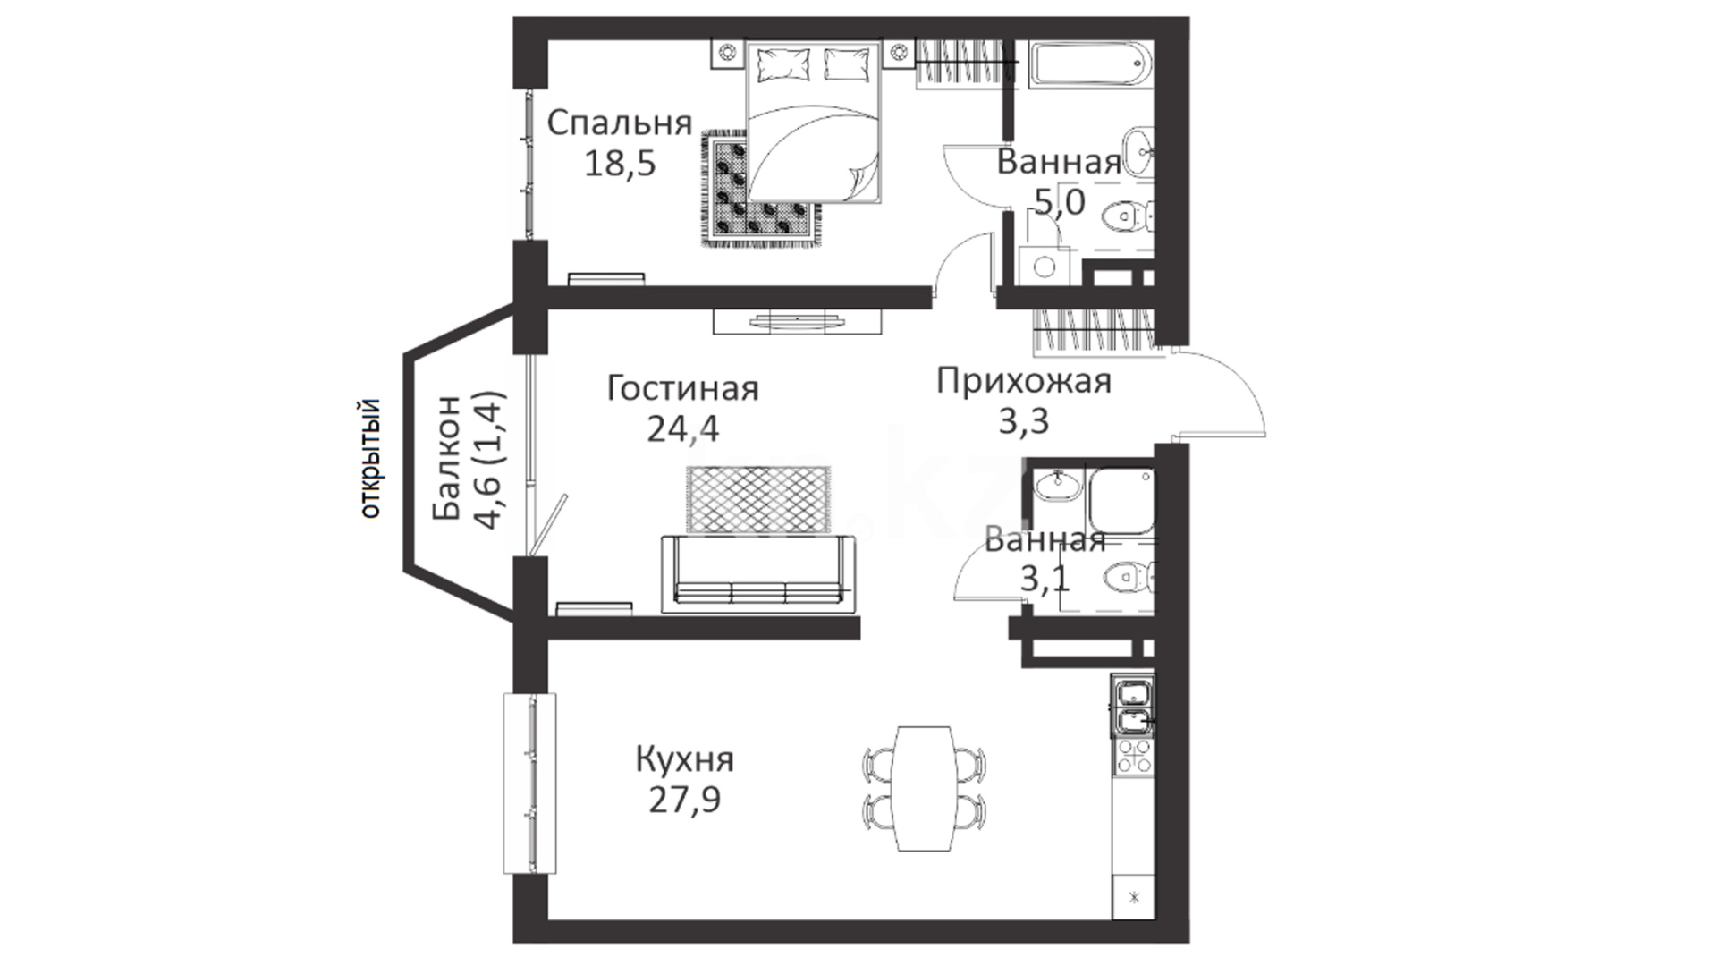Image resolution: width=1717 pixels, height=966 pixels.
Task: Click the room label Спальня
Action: (x=619, y=123)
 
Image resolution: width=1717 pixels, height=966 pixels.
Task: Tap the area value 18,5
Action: (x=620, y=164)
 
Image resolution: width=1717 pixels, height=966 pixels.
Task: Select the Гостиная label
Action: (x=682, y=388)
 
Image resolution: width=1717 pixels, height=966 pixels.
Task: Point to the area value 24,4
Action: (x=682, y=429)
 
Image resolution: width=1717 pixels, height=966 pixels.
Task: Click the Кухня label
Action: (x=684, y=759)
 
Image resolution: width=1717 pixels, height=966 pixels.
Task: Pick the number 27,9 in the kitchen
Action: (x=684, y=800)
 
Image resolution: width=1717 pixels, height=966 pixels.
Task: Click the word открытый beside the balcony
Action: (x=370, y=459)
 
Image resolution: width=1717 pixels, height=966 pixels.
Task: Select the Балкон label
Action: (x=447, y=458)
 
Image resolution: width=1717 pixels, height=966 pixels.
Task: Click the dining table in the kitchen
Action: (x=925, y=789)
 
